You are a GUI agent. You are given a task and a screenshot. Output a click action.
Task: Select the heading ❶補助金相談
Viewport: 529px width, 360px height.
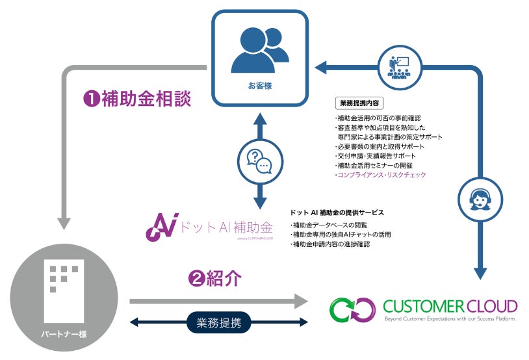coord(138,99)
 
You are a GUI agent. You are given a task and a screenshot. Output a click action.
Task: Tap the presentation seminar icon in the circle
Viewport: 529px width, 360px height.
coord(397,66)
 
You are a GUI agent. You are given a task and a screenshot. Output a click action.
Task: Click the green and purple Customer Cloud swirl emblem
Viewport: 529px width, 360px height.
coord(352,309)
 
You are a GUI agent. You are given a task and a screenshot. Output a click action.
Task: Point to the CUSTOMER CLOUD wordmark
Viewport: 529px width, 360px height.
coord(450,305)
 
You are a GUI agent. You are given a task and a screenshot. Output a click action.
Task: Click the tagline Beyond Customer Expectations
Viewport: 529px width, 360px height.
coord(450,320)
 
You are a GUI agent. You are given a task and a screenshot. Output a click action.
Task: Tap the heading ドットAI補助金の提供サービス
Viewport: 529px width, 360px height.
coord(339,212)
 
